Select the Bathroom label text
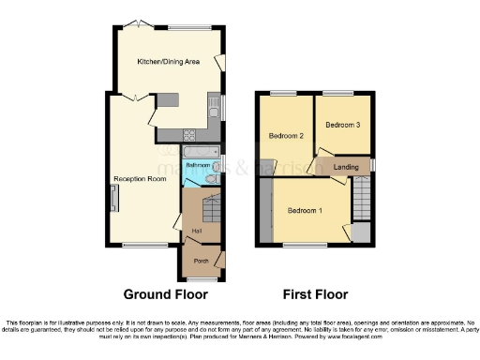pos(197,165)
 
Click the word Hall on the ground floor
pos(196,231)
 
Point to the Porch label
pos(200,261)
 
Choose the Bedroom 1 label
pos(305,210)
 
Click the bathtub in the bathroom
pos(198,150)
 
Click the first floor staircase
pos(361,198)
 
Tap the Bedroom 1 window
pos(302,246)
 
